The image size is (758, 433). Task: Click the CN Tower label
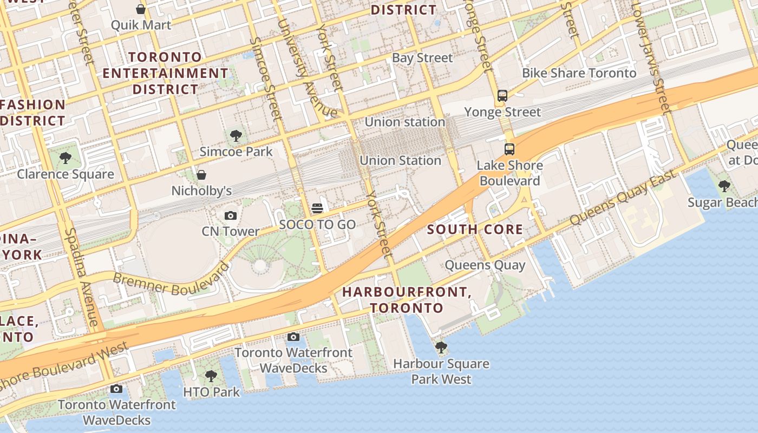tap(231, 231)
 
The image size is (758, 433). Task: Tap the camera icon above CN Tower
tap(231, 216)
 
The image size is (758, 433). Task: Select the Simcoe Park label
tap(236, 151)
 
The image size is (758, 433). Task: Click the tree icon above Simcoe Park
tap(236, 135)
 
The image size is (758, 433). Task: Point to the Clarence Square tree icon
tap(66, 158)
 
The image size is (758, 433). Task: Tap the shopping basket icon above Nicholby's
tap(201, 175)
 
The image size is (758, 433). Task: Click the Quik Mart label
tap(141, 25)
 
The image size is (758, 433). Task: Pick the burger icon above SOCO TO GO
tap(317, 208)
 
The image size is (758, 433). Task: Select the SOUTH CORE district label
tap(475, 229)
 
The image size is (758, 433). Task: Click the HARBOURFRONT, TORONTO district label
tap(407, 300)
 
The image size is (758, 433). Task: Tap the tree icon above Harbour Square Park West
tap(441, 347)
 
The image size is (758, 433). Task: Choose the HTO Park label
tap(211, 392)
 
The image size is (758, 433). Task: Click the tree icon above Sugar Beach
tap(724, 186)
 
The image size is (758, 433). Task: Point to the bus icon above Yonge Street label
tap(502, 96)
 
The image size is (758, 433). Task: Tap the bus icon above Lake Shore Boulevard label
tap(509, 149)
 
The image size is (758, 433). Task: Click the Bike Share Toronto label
tap(579, 73)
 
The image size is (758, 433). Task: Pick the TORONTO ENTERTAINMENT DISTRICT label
tap(166, 73)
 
